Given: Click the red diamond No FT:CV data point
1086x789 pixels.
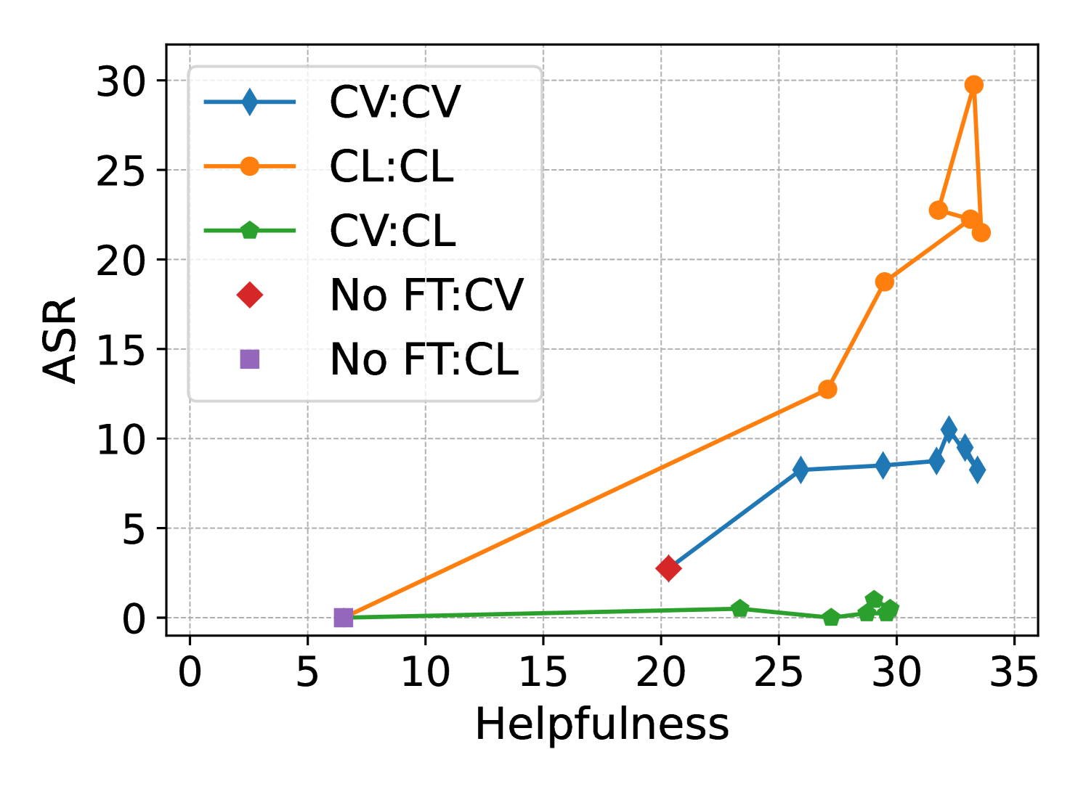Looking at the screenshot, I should pos(668,568).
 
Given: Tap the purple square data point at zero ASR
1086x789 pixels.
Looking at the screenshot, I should pos(343,618).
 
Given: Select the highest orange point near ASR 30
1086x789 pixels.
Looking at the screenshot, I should pos(974,85).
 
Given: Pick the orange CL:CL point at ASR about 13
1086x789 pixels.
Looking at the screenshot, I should pos(827,389).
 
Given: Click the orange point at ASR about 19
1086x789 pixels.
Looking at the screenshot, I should pos(884,282).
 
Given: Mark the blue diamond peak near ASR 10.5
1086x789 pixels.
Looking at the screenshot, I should pos(949,429).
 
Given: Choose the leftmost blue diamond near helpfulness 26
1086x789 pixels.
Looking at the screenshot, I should pos(801,470).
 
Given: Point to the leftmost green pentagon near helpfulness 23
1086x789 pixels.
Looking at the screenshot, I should pos(739,609).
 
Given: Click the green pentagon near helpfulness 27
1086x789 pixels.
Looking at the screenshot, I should pos(831,618).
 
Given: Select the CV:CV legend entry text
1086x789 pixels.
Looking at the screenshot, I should pos(394,102).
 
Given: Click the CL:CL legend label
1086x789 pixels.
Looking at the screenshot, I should pos(392,166).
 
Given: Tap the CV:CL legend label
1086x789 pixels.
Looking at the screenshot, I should pos(392,231).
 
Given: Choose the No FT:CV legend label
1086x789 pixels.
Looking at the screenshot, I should pos(426,295).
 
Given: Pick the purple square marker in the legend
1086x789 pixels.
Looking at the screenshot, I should pos(249,359).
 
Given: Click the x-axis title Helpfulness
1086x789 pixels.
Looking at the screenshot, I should pos(601,724).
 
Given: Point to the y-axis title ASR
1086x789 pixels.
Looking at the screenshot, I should pos(60,340).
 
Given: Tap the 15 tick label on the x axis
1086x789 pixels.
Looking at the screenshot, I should pos(543,673).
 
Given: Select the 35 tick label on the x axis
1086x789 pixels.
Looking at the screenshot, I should pos(1014,673).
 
